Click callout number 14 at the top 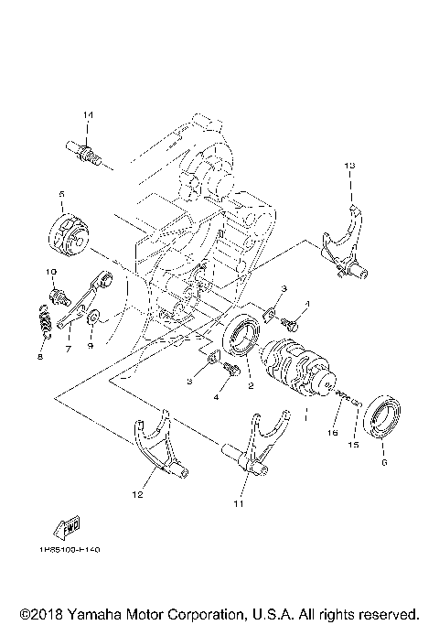(88, 114)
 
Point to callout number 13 (348, 166)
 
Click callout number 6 (384, 464)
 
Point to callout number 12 (138, 495)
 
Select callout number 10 (51, 273)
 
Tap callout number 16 (334, 431)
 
